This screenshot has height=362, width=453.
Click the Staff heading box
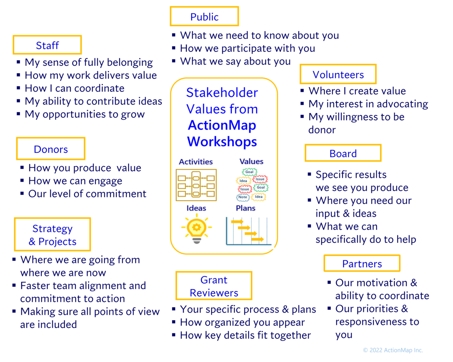pos(47,45)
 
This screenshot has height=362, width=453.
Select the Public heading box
pos(204,17)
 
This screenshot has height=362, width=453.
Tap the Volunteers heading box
pos(338,74)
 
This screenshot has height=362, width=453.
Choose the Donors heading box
pos(51,149)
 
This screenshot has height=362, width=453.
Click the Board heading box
pos(343,153)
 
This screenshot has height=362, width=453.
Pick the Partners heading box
pos(362,264)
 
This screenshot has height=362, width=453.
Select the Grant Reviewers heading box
pos(214,286)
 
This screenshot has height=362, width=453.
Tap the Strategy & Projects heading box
pos(52,235)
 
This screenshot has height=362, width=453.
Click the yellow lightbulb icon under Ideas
pos(196,229)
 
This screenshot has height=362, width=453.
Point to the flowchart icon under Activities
pos(196,185)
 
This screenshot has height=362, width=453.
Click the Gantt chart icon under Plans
pos(248,231)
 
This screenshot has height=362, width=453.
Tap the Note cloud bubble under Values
pos(243,197)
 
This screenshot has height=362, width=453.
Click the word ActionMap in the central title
pos(222,125)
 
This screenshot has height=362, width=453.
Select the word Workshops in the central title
pos(222,141)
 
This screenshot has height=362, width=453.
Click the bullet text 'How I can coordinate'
pos(75,88)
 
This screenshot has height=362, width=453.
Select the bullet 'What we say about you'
pos(235,61)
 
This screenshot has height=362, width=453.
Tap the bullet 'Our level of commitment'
pos(87,194)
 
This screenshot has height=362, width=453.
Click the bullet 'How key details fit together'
pos(245,335)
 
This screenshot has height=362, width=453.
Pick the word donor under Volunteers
pos(322,130)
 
